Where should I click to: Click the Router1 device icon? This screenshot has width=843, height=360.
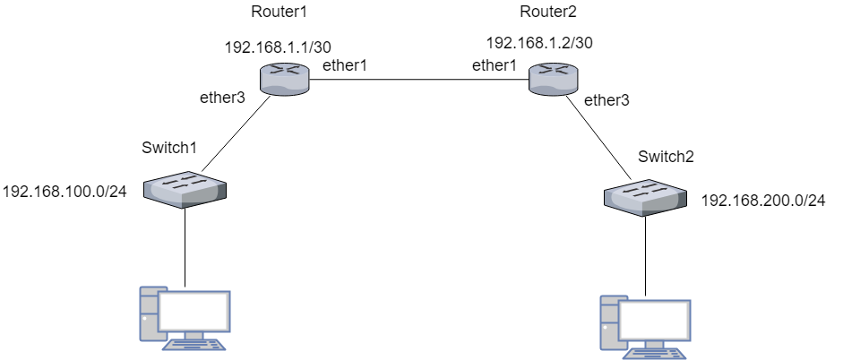point(286,80)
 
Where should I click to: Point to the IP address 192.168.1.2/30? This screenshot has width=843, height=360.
point(539,42)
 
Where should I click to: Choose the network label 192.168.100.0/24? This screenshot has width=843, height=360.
point(65,192)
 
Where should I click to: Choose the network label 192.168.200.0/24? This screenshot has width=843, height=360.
point(762,201)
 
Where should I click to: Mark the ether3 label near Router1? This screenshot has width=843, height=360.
point(221,98)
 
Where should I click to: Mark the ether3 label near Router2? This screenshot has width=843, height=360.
point(606,100)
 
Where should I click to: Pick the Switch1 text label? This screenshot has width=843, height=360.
point(169,146)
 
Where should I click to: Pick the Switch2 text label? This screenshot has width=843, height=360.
point(666,157)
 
